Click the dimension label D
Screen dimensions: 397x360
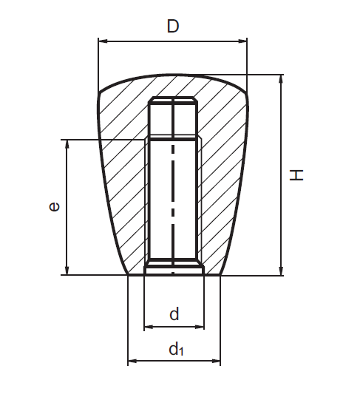click(172, 27)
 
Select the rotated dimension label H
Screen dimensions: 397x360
click(296, 174)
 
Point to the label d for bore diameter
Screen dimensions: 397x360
click(174, 314)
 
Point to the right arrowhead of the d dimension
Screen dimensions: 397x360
click(200, 326)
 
